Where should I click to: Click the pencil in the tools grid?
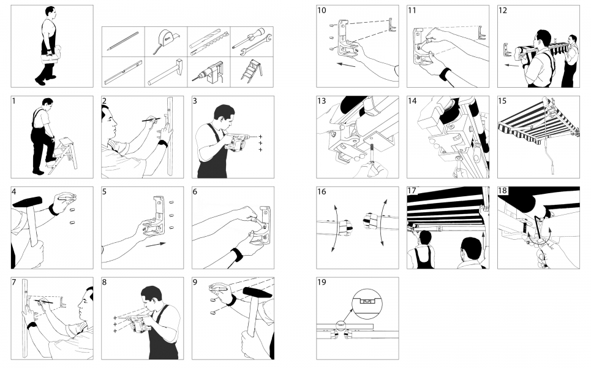pos(123,41)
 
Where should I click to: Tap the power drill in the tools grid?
pos(208,72)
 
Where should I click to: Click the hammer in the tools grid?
pos(165,72)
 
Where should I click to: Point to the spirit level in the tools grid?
pos(123,72)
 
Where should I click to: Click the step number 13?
pos(322,101)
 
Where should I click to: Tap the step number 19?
pos(322,282)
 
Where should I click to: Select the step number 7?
pos(14,282)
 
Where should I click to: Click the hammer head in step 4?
pos(27,202)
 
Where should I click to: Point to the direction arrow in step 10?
pos(346,64)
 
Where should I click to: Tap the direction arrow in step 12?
pos(511,65)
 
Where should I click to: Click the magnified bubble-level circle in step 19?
pos(367,302)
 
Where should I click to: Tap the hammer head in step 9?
pos(257,292)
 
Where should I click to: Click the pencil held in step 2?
pos(151,120)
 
